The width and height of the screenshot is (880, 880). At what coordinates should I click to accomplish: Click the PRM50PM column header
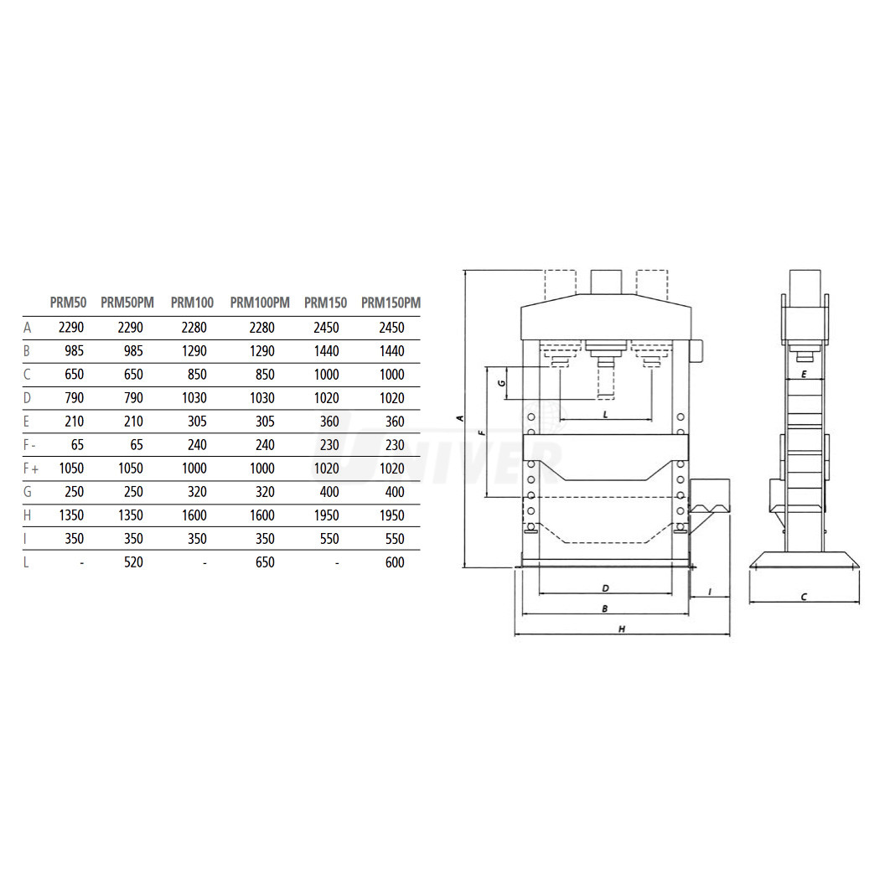tap(127, 303)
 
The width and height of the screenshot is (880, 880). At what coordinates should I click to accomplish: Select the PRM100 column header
tap(193, 303)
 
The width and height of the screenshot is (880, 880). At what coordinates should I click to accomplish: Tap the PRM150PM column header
tap(391, 303)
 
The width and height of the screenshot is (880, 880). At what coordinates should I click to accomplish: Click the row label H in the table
tap(27, 515)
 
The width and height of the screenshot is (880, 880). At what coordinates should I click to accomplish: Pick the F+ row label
tap(31, 468)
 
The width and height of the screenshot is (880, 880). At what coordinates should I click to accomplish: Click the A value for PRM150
tap(326, 327)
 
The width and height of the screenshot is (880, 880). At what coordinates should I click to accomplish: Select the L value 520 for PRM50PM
tap(133, 562)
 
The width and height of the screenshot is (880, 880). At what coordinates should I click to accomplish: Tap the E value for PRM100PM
tap(265, 421)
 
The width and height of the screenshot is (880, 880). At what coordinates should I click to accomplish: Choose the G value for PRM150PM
tap(395, 492)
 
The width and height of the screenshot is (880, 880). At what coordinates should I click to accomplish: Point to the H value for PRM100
tap(194, 515)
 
